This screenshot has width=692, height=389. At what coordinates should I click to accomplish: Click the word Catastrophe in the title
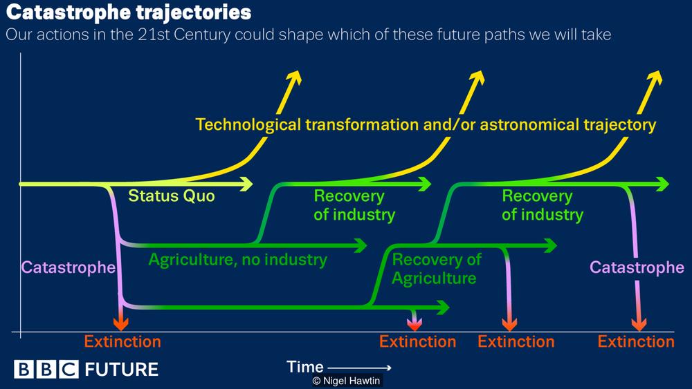click(x=68, y=12)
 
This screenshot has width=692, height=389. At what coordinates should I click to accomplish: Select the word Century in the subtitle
click(x=201, y=35)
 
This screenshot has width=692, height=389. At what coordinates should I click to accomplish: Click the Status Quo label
click(x=171, y=196)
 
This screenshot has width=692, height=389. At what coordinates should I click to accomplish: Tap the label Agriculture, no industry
click(x=238, y=260)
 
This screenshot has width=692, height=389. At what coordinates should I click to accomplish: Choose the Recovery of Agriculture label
click(x=436, y=269)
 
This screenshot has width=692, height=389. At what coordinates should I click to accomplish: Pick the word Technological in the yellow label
click(x=248, y=124)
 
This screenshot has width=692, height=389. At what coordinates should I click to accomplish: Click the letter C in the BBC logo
click(x=69, y=369)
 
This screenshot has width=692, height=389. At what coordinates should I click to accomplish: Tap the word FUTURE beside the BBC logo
click(x=121, y=369)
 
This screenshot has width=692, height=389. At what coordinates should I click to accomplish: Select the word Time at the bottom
click(x=305, y=366)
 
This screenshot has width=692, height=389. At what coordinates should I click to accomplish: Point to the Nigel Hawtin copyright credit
click(x=347, y=381)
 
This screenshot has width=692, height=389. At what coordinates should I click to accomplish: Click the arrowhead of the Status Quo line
click(x=246, y=184)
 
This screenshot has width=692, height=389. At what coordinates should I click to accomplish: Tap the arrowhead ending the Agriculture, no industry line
click(x=360, y=245)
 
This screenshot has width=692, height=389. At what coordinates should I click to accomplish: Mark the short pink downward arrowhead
click(x=414, y=324)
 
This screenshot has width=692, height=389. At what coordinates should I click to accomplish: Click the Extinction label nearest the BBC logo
click(x=122, y=342)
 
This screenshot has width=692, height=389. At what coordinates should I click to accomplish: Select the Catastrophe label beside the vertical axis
click(x=69, y=267)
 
